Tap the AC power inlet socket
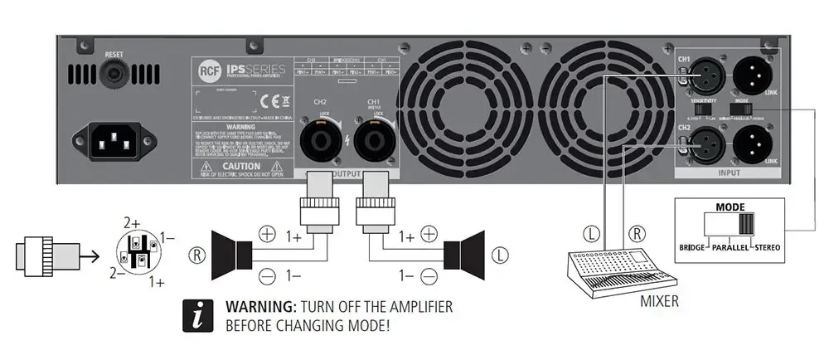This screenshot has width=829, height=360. (x=113, y=140)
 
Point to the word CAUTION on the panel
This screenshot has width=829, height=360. (x=240, y=167)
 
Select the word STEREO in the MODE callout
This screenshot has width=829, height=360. (x=767, y=247)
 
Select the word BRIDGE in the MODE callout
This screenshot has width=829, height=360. (x=695, y=247)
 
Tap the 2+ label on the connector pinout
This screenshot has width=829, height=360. (x=132, y=223)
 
